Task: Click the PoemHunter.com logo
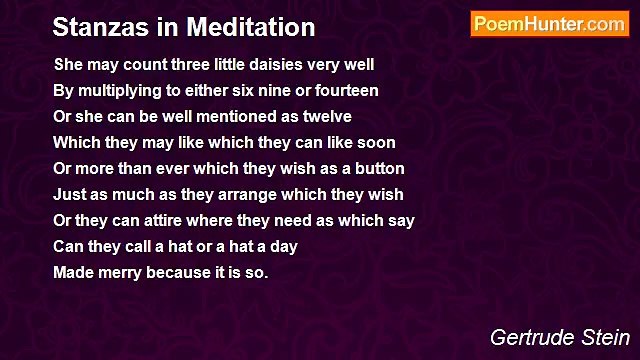(x=549, y=24)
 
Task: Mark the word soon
(x=376, y=143)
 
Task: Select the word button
(x=378, y=169)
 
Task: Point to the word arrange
(x=228, y=195)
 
